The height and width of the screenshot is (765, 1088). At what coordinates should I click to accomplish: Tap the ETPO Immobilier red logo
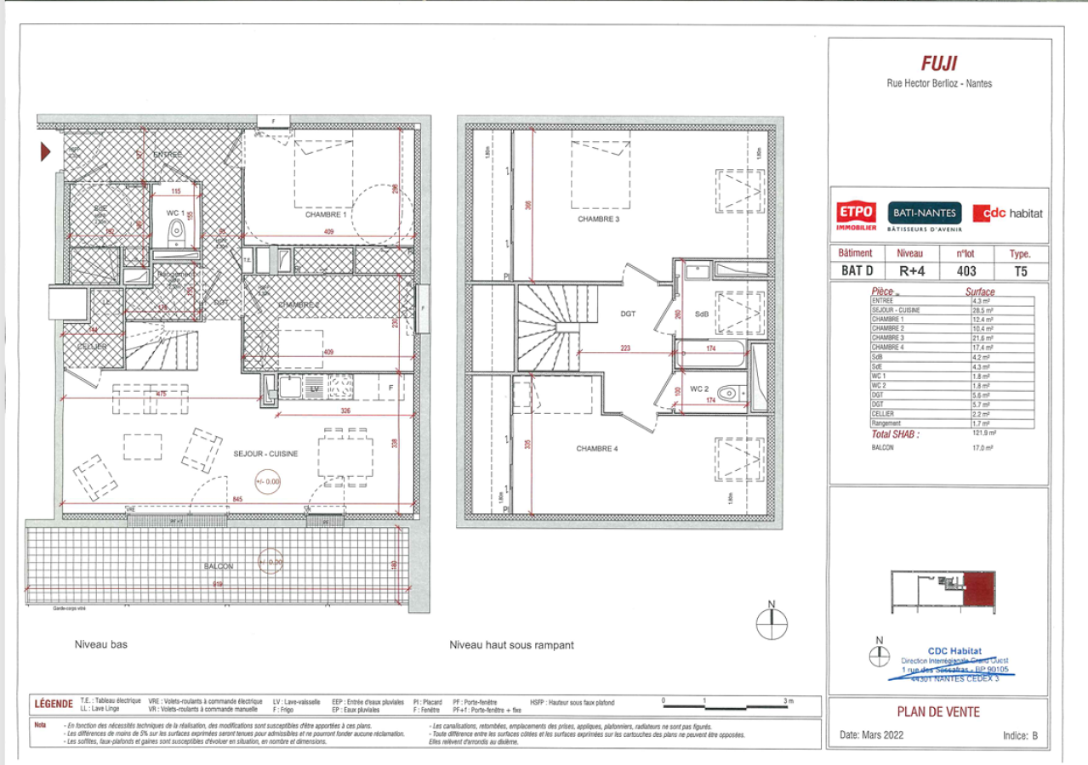click(857, 214)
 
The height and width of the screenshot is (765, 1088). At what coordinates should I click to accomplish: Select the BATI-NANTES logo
click(925, 212)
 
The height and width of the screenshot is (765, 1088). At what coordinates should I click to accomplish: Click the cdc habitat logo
click(1007, 213)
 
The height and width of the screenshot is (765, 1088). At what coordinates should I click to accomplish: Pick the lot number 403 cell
click(966, 272)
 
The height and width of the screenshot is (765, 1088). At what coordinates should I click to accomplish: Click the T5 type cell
click(1020, 272)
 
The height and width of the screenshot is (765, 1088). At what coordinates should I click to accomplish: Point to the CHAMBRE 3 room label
click(598, 219)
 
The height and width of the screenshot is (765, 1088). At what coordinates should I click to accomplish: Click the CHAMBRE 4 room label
click(597, 449)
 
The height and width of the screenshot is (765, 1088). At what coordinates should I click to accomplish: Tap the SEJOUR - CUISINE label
click(265, 454)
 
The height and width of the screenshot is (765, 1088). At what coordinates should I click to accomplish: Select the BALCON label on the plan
click(219, 565)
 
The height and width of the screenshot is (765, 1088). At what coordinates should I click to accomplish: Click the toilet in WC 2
click(728, 394)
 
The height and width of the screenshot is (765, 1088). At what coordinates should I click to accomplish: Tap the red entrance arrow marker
click(48, 152)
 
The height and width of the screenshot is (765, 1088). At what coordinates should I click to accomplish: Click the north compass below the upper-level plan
click(772, 623)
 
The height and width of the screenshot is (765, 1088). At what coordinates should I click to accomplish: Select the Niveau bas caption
click(100, 645)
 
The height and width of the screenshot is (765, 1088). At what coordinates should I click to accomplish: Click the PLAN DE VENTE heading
click(938, 712)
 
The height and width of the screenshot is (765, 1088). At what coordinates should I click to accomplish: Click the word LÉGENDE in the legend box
click(53, 705)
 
